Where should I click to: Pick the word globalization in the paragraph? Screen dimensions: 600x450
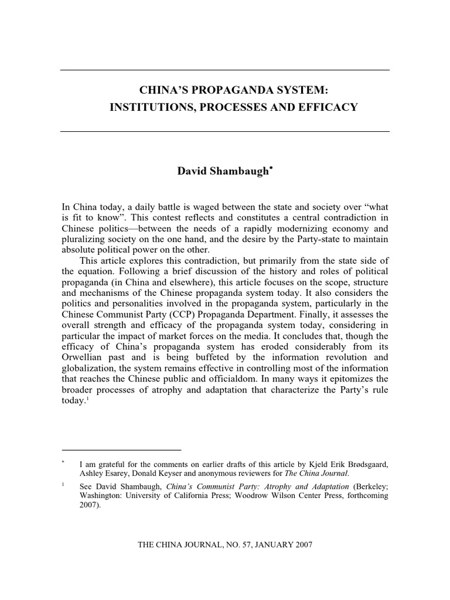[90, 367]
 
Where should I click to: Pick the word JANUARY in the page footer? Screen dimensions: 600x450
[268, 544]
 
